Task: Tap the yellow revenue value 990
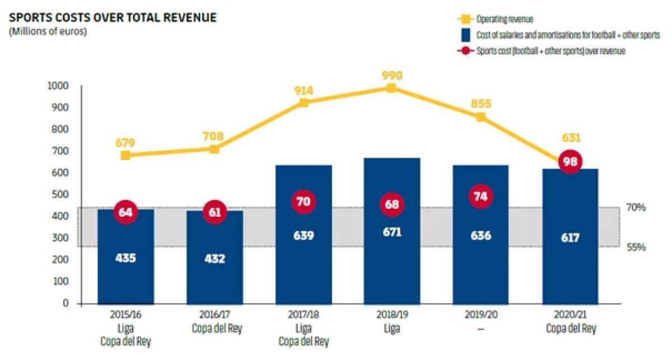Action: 391,75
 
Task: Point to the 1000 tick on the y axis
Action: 58,86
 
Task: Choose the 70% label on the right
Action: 636,207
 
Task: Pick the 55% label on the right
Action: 636,246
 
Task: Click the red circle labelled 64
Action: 125,212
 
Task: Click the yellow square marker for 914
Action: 304,103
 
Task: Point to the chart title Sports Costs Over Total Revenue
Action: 113,18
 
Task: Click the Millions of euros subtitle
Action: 48,31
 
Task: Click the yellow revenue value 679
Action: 125,142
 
